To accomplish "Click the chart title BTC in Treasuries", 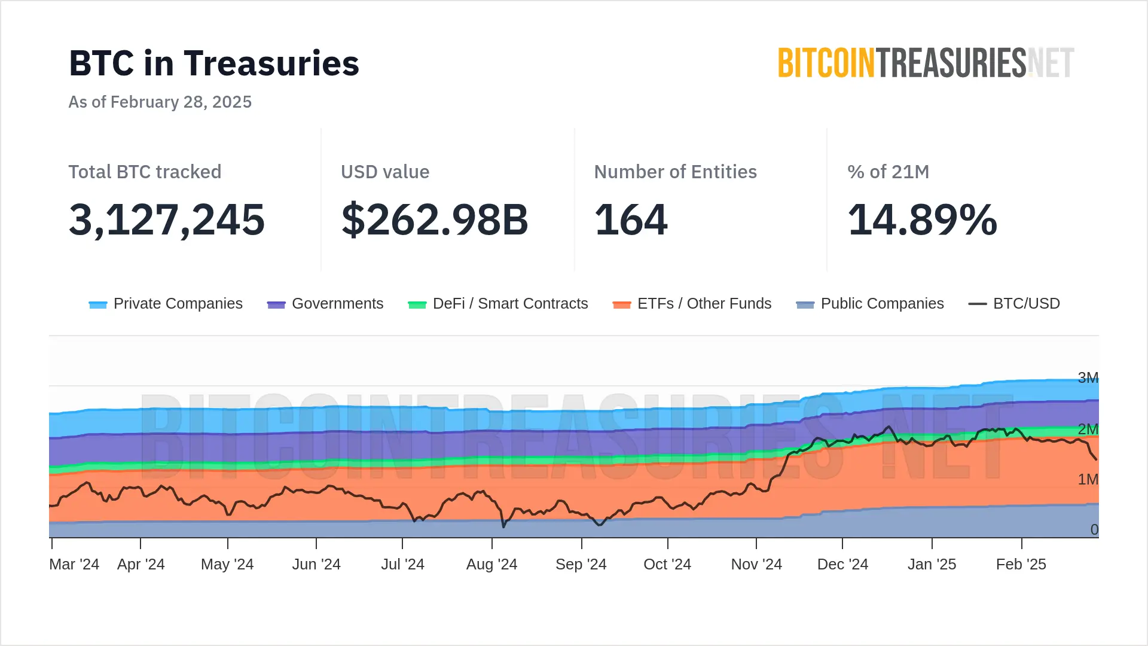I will coord(214,63).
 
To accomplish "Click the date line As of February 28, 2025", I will coord(160,102).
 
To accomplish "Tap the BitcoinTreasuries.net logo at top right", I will coord(926,63).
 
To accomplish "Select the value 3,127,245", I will coord(167,220).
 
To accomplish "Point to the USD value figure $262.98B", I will coord(435,220).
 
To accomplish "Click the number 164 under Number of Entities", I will coord(631,220).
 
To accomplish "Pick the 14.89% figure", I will coord(923,220).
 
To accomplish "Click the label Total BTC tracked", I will coord(145,172).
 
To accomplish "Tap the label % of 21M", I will coord(888,172).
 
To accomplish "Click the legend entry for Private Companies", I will coord(166,304).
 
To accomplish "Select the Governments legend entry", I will coord(325,304).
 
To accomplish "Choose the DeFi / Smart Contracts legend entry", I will coord(498,304).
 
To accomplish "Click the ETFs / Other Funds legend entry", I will coord(692,304).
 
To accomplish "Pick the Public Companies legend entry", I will coord(870,304).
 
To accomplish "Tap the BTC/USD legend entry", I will coord(1014,304).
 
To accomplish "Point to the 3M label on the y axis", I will coord(1088,378).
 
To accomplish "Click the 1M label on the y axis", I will coord(1088,480).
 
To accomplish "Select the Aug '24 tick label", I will coord(491,565).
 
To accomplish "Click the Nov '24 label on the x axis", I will coord(756,565).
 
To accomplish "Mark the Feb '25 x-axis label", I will coord(1021,565).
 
